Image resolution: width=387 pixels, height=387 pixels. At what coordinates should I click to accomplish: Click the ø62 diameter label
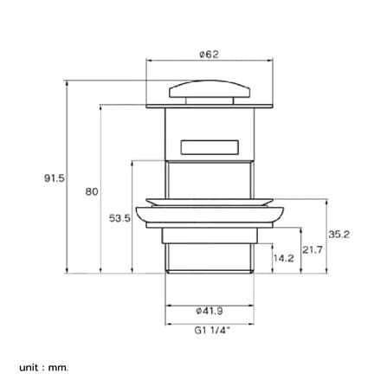[x=209, y=55]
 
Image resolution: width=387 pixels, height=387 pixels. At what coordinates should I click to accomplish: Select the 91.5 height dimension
[x=55, y=178]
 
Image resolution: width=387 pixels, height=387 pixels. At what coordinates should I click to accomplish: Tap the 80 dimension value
[x=92, y=191]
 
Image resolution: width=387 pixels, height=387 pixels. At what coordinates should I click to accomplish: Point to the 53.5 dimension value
[x=119, y=218]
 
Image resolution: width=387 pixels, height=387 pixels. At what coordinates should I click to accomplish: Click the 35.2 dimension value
[x=339, y=235]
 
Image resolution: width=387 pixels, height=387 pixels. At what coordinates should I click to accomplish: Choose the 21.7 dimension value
[x=313, y=249]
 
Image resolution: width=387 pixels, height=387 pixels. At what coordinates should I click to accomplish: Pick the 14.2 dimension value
[x=284, y=258]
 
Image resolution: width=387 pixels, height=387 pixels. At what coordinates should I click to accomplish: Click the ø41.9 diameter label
[x=210, y=311]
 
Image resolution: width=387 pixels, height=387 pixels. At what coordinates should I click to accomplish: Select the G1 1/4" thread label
[x=212, y=330]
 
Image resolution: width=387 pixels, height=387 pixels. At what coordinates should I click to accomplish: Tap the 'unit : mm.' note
[x=44, y=368]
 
